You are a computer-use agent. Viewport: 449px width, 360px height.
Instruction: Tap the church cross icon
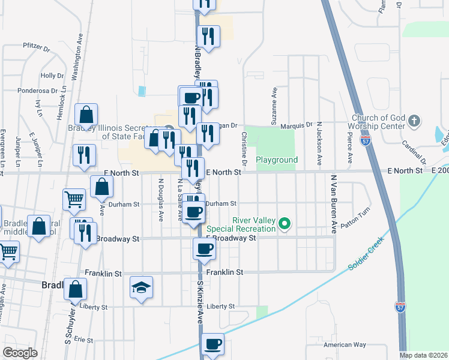point(414,121)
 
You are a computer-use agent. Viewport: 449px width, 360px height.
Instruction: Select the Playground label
point(277,160)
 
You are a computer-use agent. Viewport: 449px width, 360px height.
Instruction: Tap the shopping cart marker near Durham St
point(74,199)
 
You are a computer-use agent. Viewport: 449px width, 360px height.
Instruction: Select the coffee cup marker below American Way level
point(212,344)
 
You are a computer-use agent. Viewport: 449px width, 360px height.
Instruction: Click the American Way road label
point(344,345)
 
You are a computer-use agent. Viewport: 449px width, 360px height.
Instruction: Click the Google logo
point(20,352)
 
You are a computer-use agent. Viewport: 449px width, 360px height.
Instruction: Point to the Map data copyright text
point(423,355)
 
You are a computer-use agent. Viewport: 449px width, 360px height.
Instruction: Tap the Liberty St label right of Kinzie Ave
point(220,307)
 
